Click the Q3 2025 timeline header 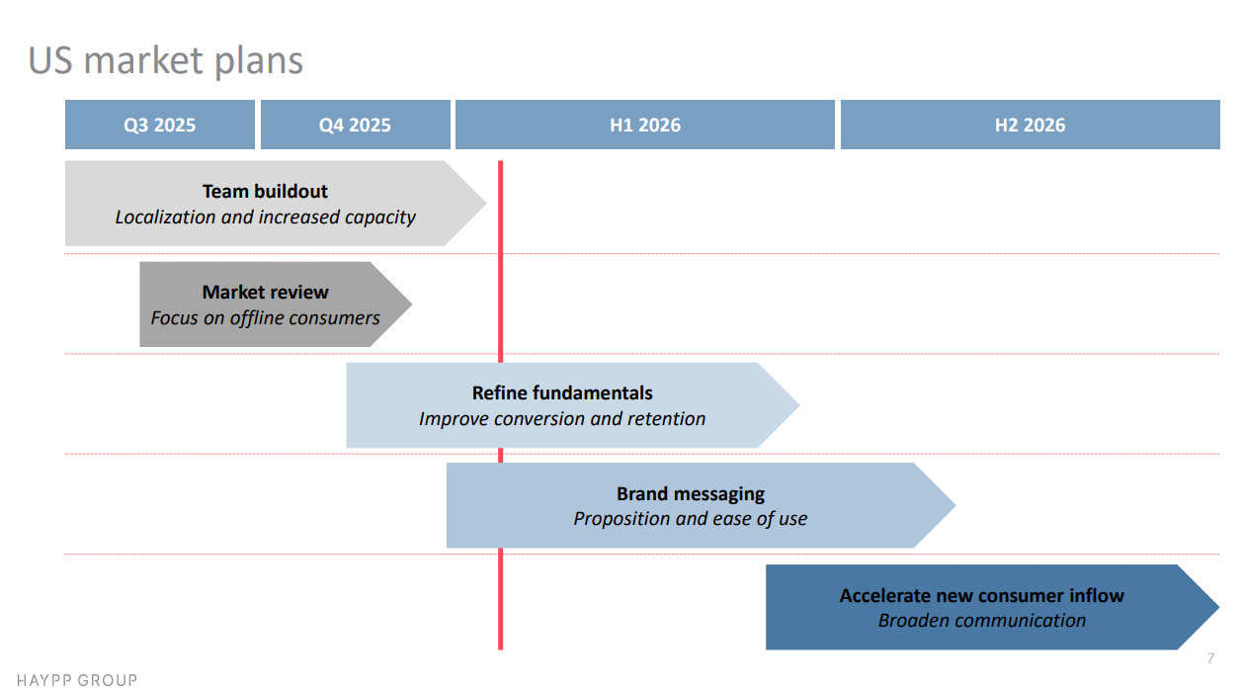(159, 125)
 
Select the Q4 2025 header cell (355, 125)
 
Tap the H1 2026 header (644, 125)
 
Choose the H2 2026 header (1030, 125)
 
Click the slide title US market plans (165, 60)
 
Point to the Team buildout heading (265, 191)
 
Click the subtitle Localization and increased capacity (265, 217)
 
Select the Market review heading (265, 292)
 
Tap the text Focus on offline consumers (265, 317)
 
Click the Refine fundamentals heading (562, 392)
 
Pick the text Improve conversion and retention (562, 418)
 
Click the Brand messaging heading (691, 493)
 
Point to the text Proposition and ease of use (691, 518)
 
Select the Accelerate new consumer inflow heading (981, 595)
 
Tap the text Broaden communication (981, 620)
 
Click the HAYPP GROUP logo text (77, 680)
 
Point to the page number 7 (1210, 658)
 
